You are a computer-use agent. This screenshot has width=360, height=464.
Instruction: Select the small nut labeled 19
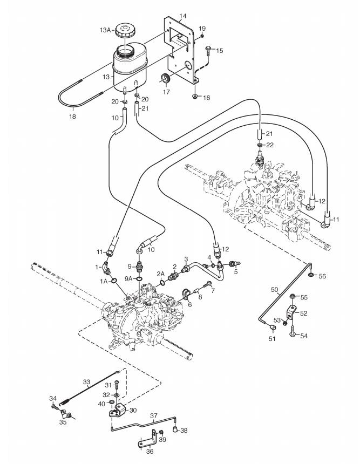[202, 36]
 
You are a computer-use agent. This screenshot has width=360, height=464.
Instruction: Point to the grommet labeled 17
[166, 78]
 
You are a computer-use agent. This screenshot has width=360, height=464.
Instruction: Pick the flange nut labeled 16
[195, 96]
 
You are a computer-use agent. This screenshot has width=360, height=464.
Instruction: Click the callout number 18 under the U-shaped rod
[72, 117]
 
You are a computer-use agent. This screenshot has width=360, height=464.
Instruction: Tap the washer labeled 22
[260, 145]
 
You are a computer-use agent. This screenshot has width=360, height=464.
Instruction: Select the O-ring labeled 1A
[113, 280]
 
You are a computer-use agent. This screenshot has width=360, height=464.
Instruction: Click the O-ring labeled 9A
[139, 278]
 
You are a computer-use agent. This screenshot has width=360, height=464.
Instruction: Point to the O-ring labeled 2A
[162, 283]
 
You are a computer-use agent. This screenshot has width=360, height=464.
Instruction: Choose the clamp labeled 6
[186, 294]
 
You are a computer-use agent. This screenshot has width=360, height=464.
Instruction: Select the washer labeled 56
[311, 275]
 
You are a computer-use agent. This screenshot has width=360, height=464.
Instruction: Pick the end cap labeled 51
[273, 327]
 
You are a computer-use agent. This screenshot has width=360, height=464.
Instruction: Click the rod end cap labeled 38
[176, 429]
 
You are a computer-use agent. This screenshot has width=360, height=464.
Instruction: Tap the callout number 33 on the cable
[86, 382]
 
